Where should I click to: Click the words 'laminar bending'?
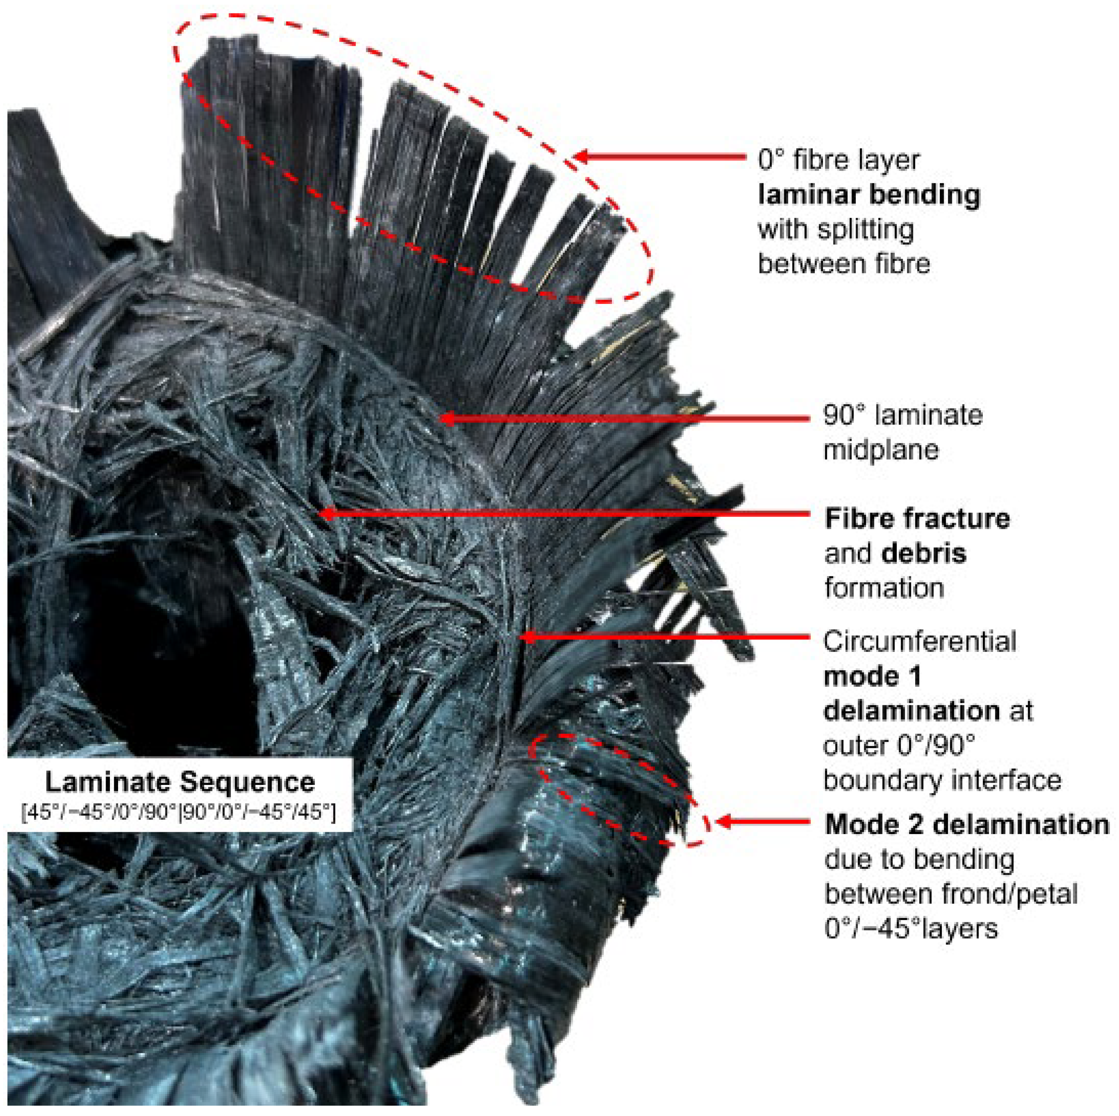click(869, 195)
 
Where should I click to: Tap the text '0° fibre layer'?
click(838, 160)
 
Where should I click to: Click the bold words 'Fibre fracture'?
click(917, 519)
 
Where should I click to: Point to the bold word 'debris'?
click(924, 553)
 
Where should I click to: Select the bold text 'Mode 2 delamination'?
click(966, 824)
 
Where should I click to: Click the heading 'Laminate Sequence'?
click(180, 783)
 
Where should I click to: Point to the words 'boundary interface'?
click(942, 780)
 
